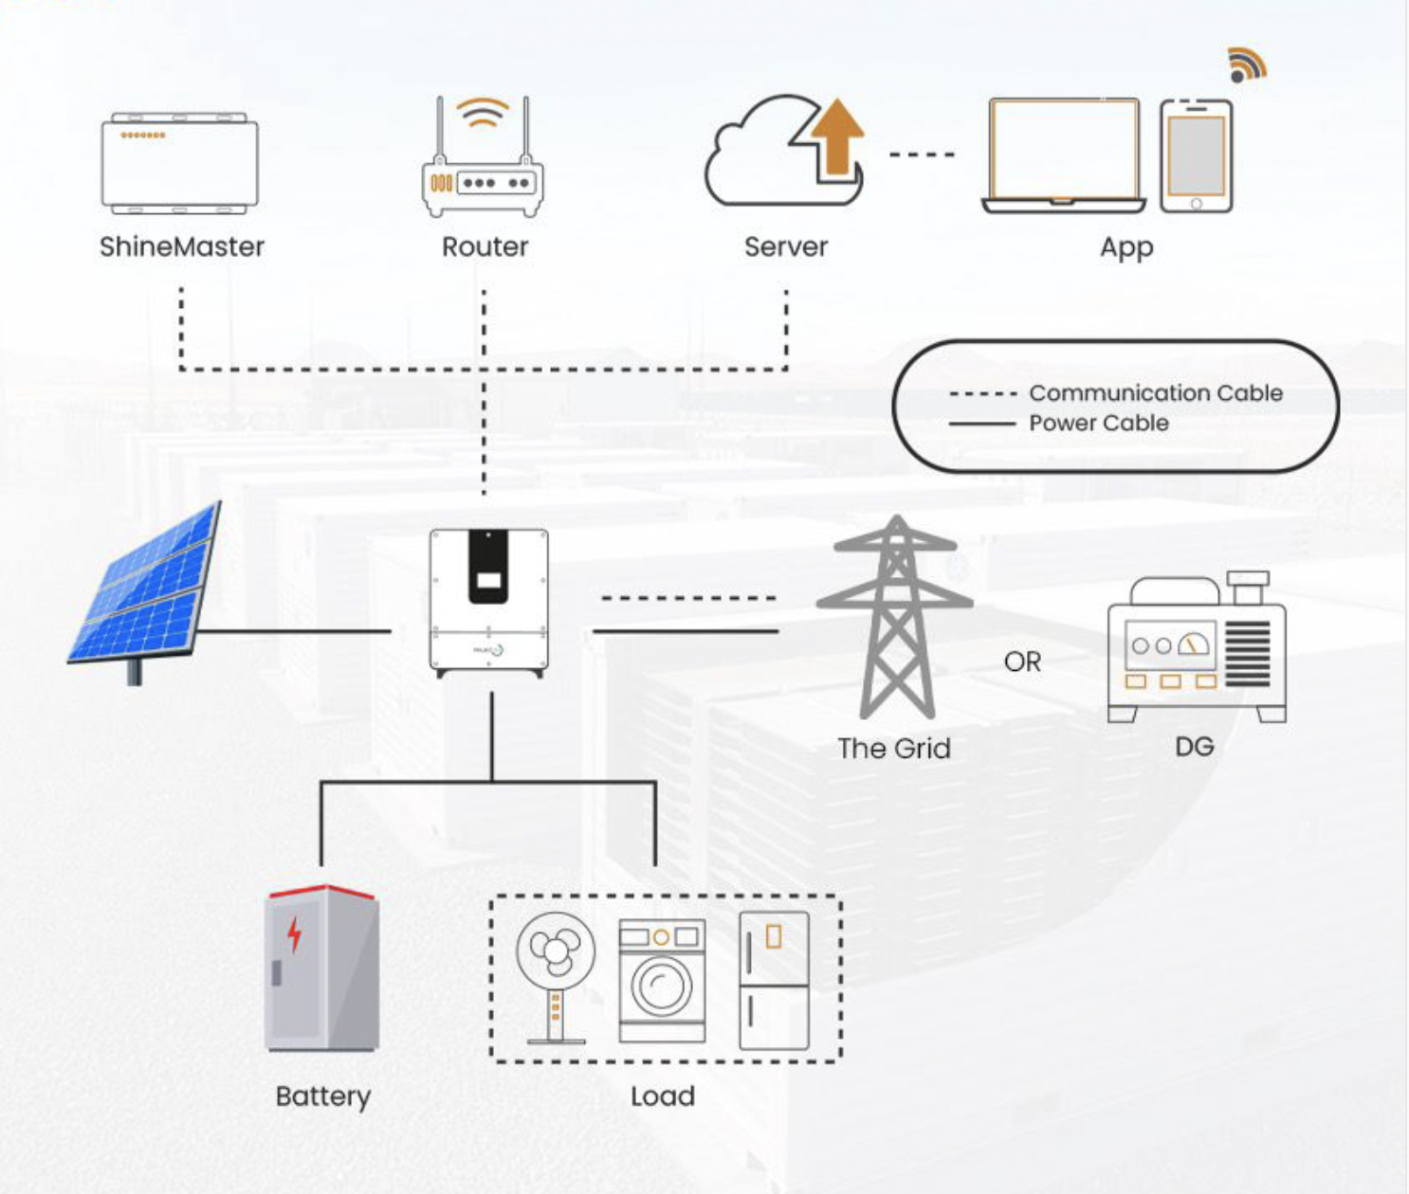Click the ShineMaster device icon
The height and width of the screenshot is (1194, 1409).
[179, 163]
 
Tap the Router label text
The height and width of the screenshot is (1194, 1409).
[485, 247]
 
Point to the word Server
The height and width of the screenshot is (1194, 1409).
[785, 247]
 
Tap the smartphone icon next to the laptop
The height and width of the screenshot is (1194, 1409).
[1196, 156]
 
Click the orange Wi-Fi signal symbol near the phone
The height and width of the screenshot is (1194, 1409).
[1246, 64]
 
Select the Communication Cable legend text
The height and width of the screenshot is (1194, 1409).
[1155, 392]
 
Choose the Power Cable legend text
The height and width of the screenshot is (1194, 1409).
[1098, 423]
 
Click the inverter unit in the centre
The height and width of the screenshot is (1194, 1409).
[488, 602]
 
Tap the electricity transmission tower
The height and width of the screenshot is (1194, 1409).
[895, 616]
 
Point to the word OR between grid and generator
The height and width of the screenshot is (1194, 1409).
[1022, 661]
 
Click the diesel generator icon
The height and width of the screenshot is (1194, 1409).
[1197, 649]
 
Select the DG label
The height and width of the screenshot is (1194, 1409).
[1194, 747]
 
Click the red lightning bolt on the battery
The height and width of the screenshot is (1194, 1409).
[295, 933]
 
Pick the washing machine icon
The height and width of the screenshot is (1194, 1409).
[662, 980]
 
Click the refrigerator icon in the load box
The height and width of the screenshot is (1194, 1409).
[774, 980]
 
